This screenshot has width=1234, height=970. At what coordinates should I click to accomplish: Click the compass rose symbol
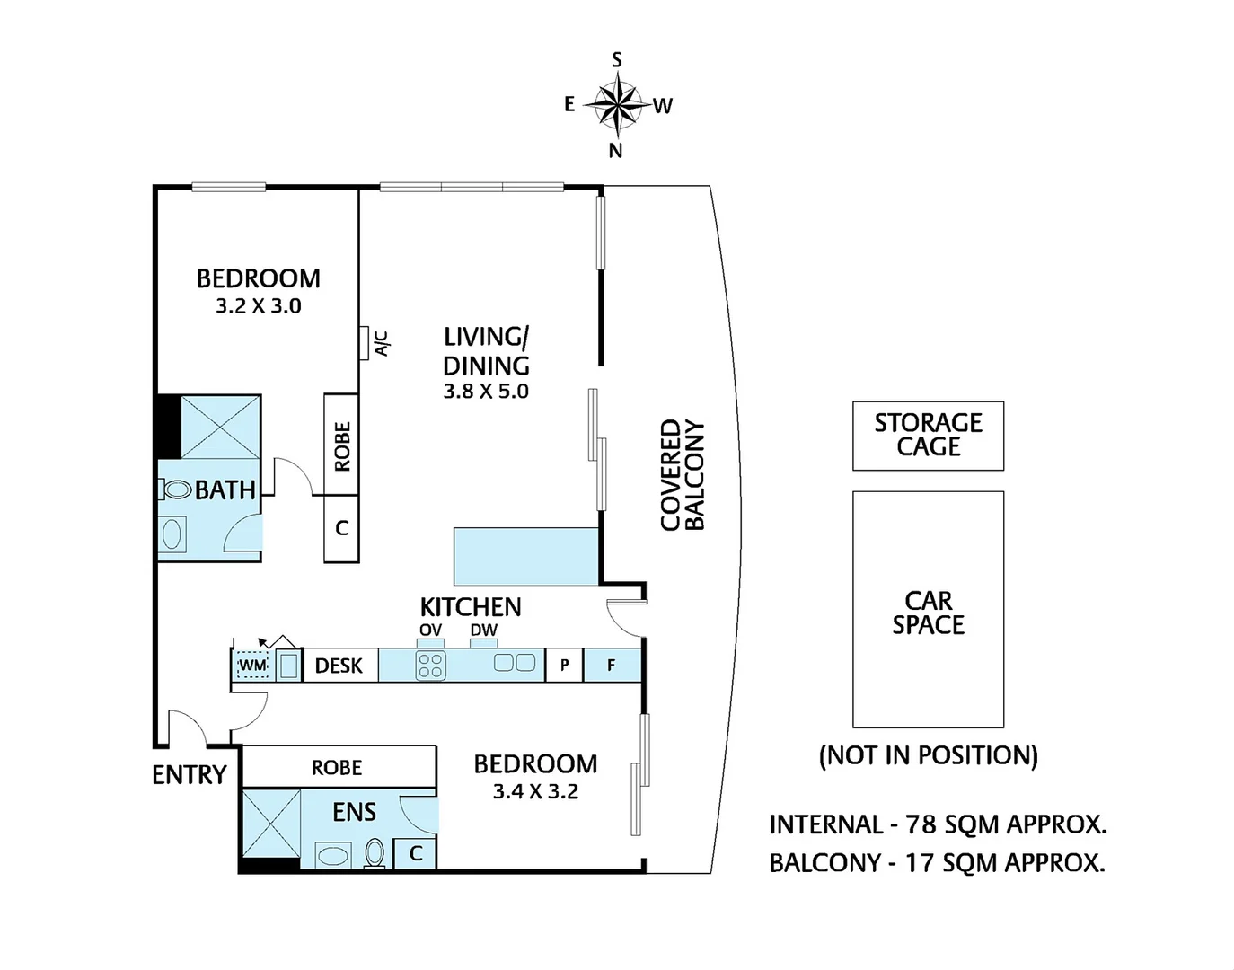(617, 105)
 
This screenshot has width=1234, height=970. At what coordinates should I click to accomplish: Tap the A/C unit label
(383, 344)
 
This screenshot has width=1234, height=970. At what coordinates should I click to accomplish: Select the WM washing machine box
(252, 665)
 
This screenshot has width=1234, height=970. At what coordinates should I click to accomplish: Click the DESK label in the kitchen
(339, 666)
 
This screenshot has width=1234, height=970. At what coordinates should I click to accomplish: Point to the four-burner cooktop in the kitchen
(431, 666)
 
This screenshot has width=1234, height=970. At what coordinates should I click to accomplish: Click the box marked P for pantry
(564, 665)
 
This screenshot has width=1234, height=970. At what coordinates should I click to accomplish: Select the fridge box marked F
(613, 665)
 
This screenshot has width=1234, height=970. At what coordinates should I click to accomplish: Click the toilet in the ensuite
(375, 853)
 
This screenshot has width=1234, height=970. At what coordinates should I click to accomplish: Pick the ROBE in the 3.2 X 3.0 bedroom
(341, 445)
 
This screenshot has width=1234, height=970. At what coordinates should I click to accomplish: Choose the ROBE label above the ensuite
(337, 768)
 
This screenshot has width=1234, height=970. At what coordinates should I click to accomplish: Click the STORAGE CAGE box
(928, 436)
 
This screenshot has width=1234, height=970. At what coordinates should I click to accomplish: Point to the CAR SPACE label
(928, 613)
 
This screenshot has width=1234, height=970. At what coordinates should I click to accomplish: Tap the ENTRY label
(190, 774)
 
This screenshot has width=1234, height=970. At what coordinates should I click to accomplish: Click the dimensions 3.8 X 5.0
(486, 392)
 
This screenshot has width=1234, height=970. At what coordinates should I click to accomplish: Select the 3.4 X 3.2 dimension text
(535, 791)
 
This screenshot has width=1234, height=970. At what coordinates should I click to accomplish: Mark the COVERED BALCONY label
(683, 475)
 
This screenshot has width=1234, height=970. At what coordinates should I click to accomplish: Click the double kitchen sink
(515, 663)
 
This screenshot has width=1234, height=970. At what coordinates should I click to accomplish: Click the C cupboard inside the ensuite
(416, 853)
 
